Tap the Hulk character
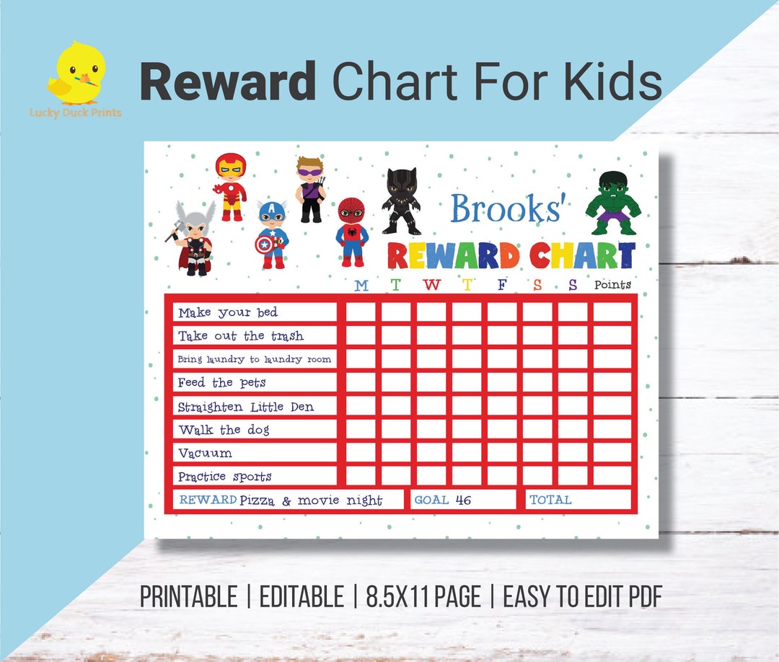coord(612,203)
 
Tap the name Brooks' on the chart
coord(506,209)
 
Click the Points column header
coord(612,285)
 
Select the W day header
coord(431,285)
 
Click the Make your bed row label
coord(228,312)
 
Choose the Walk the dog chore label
coord(224,430)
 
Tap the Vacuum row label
coord(206,453)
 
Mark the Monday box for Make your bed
coord(361,312)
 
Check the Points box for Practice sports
coord(612,476)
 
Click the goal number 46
coord(464,500)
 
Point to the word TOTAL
coord(550,500)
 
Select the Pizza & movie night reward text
coord(311,500)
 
